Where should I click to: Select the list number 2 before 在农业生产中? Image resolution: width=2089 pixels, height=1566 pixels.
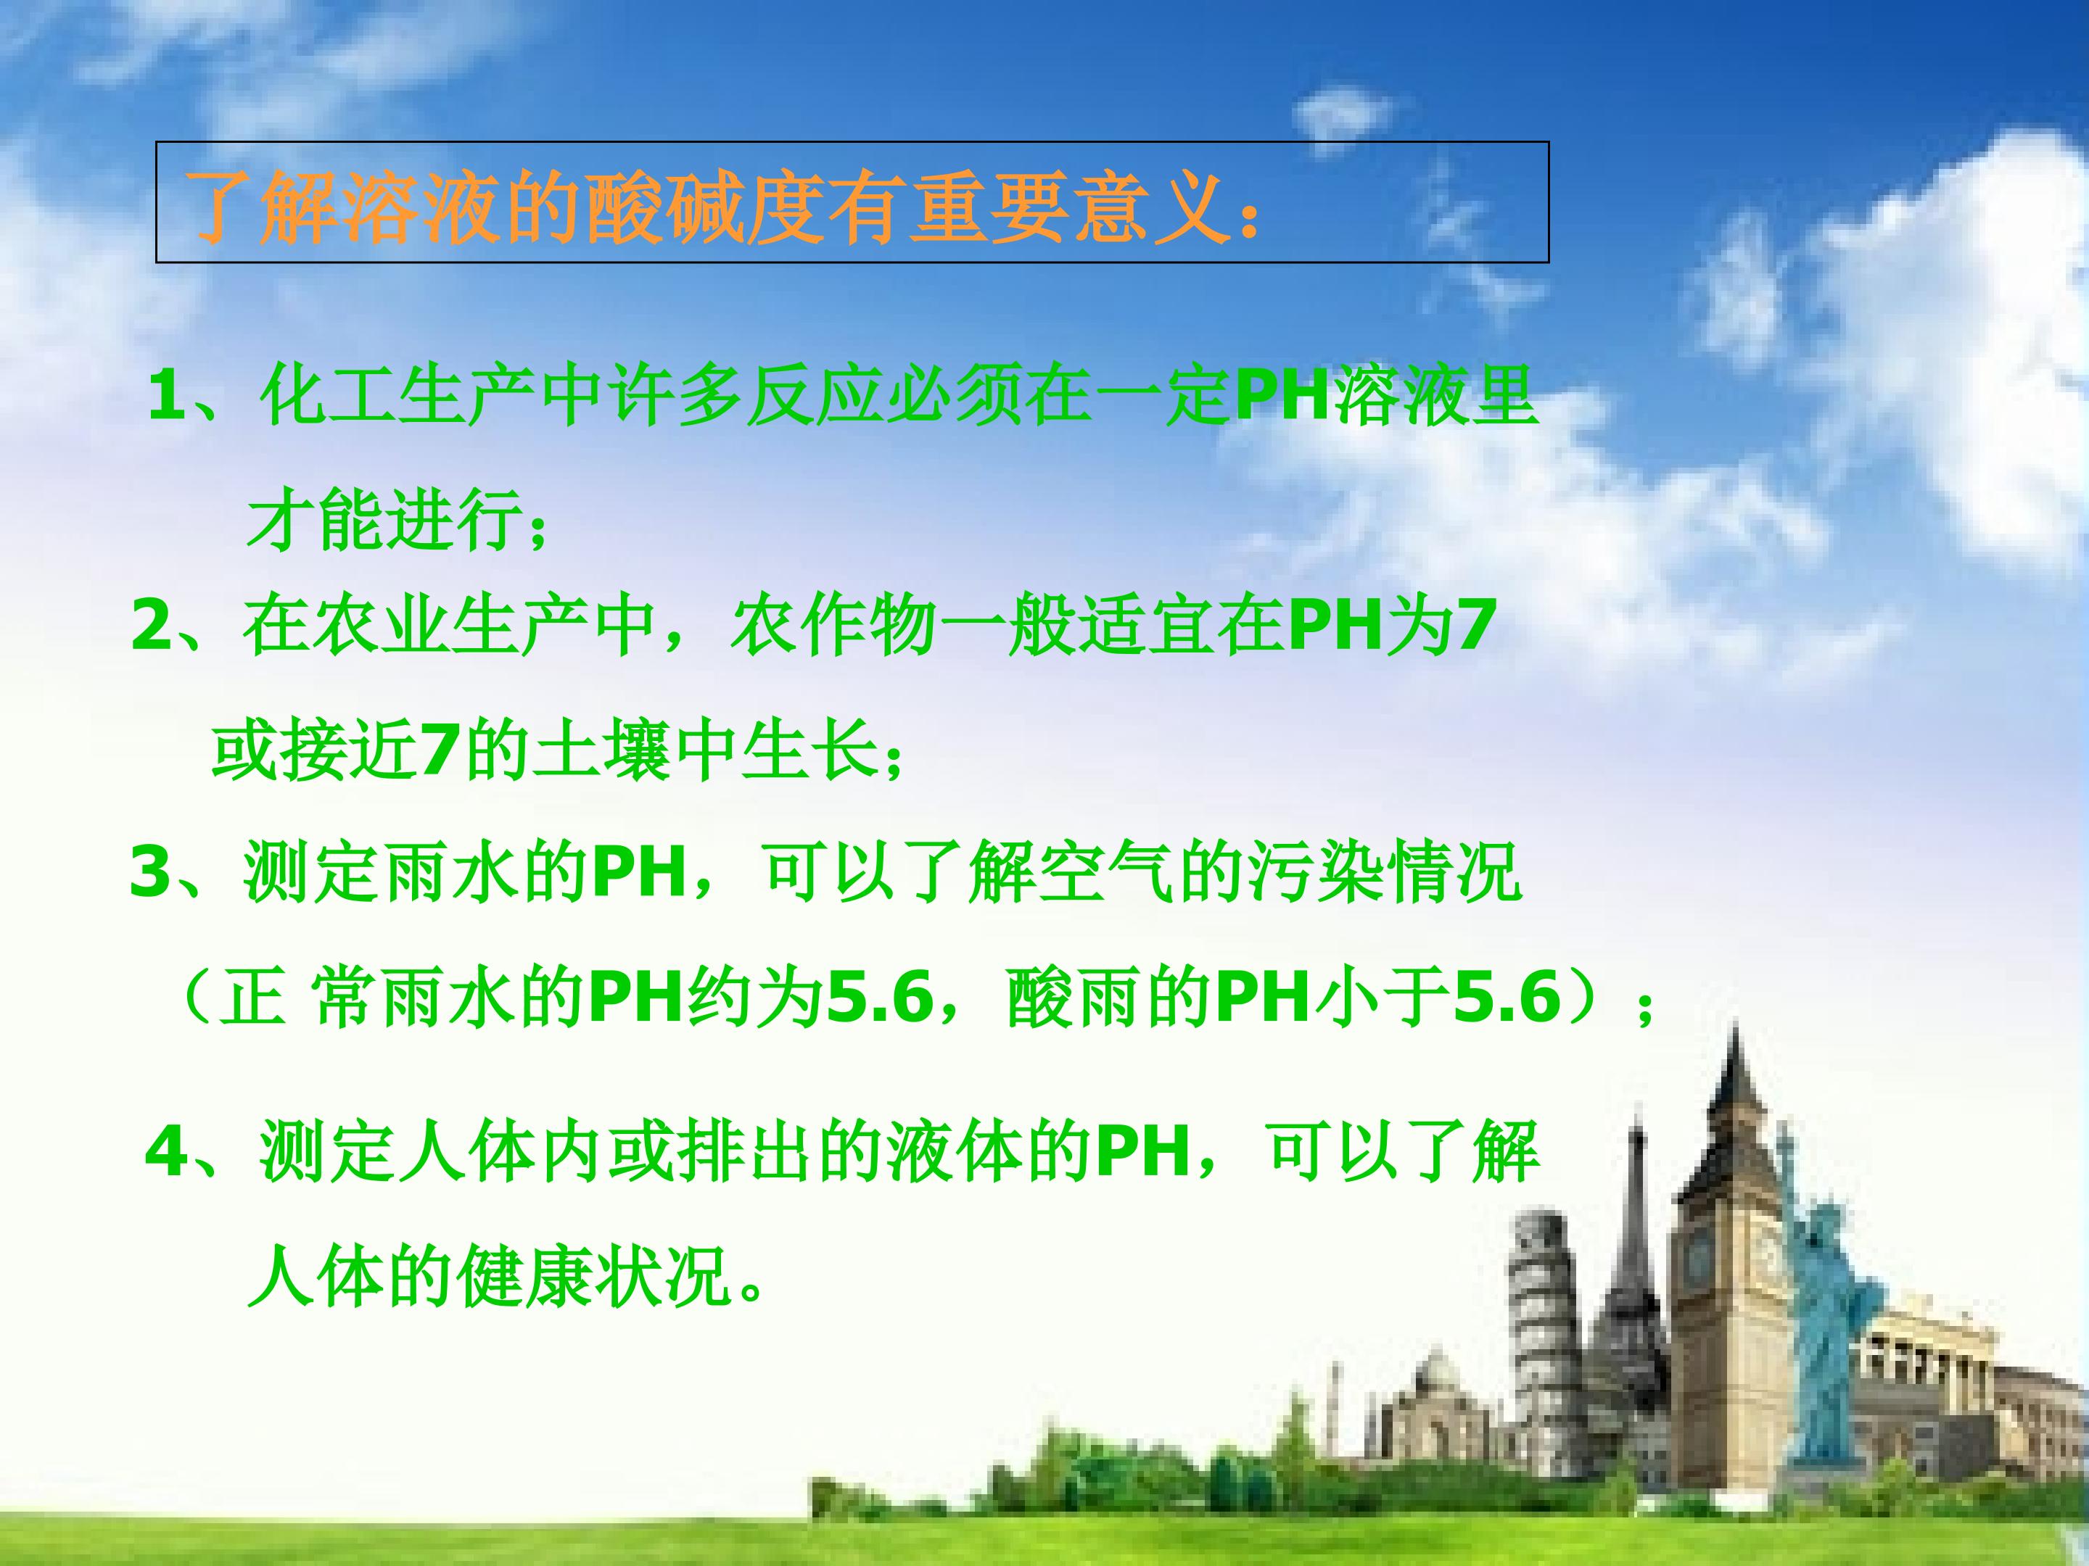(153, 627)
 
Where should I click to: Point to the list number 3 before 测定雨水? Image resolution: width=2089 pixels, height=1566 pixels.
(152, 873)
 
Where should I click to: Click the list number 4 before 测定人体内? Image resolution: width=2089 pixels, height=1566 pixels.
(168, 1153)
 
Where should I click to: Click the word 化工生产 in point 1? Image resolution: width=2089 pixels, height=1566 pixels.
(397, 397)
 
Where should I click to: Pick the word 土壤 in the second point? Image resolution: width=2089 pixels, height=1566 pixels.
(604, 753)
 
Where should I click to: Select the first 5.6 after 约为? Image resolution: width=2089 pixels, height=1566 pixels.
(879, 1000)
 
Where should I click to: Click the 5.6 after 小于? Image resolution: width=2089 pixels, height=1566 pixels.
(1507, 1000)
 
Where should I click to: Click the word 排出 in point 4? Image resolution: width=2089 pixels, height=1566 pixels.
(746, 1153)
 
